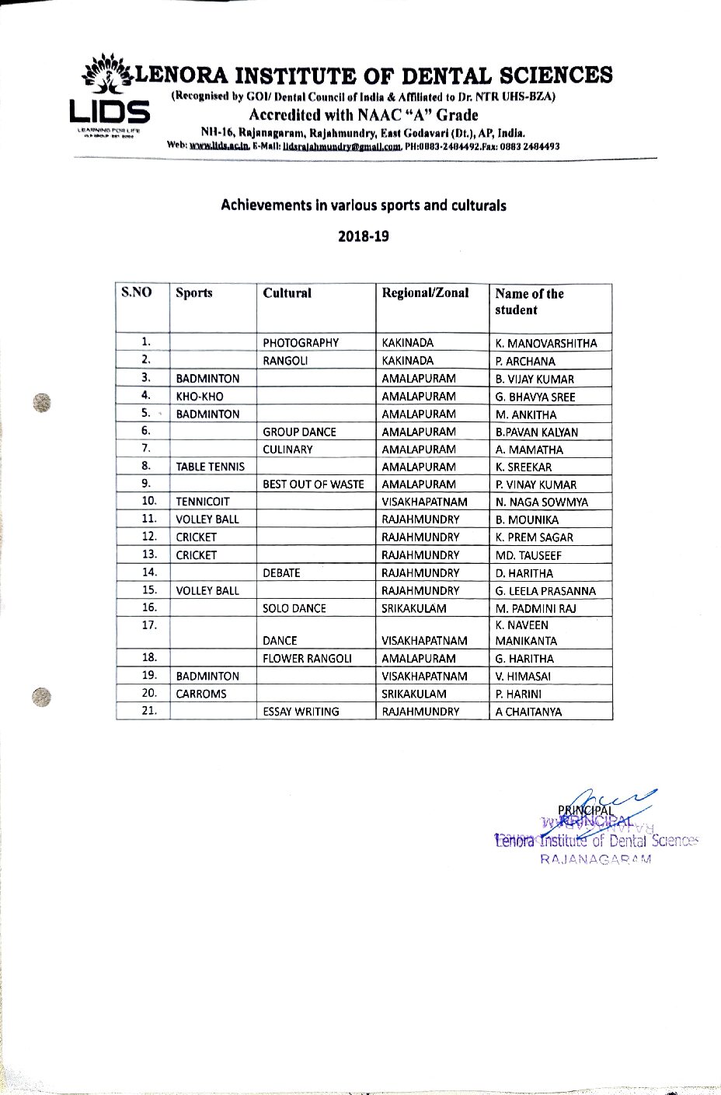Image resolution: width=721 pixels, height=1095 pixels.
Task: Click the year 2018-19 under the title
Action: pos(363,236)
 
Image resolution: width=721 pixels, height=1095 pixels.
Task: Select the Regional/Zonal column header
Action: pos(425,293)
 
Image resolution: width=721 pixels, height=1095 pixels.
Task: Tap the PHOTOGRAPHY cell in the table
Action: pos(301,343)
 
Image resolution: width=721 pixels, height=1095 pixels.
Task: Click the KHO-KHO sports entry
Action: pos(200,397)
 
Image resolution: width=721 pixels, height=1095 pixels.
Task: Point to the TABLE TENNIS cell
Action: pos(210,467)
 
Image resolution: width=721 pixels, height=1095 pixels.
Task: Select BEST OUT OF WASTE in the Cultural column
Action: pos(313,485)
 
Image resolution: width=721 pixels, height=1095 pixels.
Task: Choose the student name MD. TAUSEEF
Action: pos(528,555)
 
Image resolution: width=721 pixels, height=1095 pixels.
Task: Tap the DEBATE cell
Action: pos(281,573)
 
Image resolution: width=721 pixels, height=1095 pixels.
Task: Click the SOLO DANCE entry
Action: pos(294,609)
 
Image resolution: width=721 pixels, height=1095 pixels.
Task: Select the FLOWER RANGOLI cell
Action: pos(307,659)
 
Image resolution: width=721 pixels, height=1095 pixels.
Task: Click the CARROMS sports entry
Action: pos(201,694)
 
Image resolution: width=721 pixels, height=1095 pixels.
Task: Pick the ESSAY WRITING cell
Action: pos(301,712)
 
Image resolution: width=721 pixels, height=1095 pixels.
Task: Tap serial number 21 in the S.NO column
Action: pos(150,711)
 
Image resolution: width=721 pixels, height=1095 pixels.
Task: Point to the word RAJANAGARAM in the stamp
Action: pos(595,859)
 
